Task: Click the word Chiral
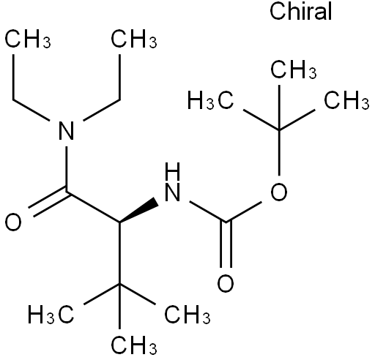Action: pyautogui.click(x=300, y=11)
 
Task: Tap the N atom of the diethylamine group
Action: pyautogui.click(x=67, y=131)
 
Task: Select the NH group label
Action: pyautogui.click(x=173, y=181)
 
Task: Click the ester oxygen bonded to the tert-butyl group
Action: pyautogui.click(x=279, y=192)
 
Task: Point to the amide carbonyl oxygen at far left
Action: pyautogui.click(x=13, y=222)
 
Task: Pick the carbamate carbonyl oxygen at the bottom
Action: pyautogui.click(x=226, y=283)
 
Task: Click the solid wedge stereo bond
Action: pyautogui.click(x=138, y=210)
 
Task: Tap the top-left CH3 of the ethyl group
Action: pyautogui.click(x=28, y=39)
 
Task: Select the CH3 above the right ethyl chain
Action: pyautogui.click(x=134, y=39)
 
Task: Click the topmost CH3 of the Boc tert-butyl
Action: pyautogui.click(x=294, y=70)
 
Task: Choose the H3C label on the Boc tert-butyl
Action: pyautogui.click(x=210, y=100)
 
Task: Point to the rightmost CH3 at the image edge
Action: pyautogui.click(x=346, y=100)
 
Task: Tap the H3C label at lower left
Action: pyautogui.click(x=51, y=314)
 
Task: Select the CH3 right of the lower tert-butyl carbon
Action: pyautogui.click(x=187, y=314)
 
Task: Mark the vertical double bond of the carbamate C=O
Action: pyautogui.click(x=226, y=244)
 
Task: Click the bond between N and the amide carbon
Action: pyautogui.click(x=67, y=169)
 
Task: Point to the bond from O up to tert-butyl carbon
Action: pyautogui.click(x=279, y=152)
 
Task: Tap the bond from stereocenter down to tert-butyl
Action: pyautogui.click(x=119, y=253)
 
